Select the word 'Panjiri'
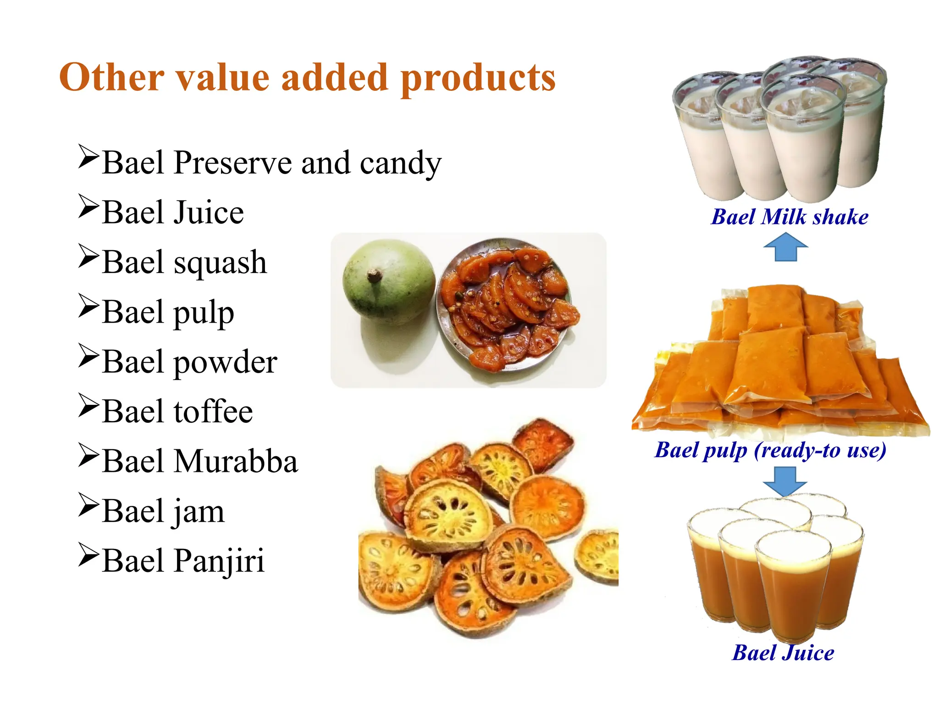coord(219,561)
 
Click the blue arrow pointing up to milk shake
coord(785,246)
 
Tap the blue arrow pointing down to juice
coord(784,481)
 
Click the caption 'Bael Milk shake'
coord(789,217)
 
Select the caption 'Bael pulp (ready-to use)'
coord(770,450)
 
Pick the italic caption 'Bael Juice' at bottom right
coord(783,653)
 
